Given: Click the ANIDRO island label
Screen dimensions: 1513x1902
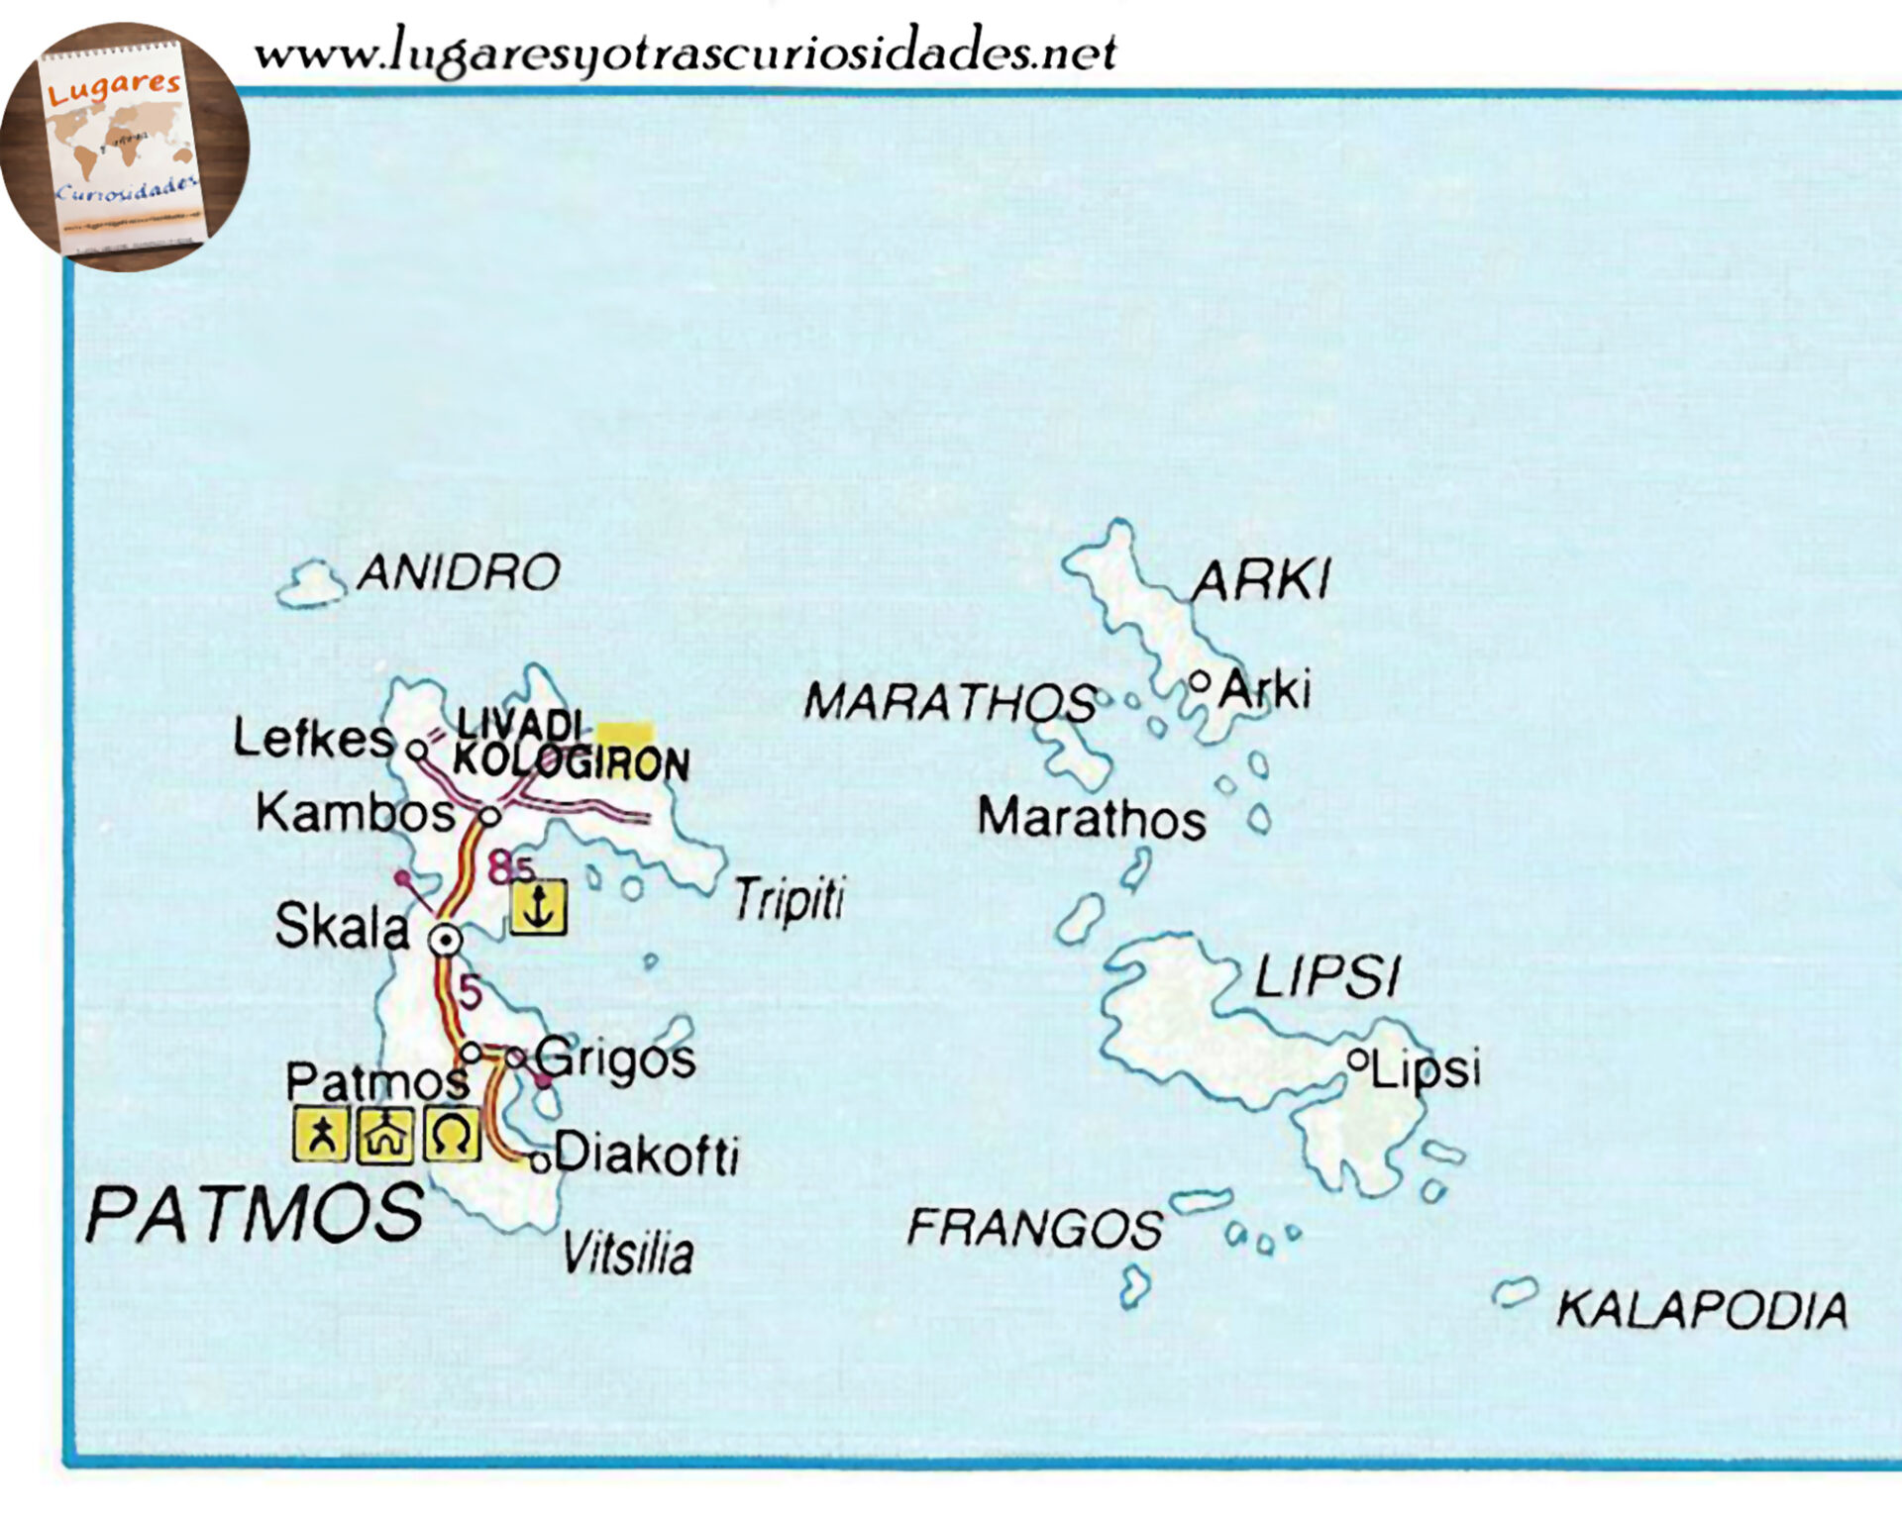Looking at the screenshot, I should pos(459,573).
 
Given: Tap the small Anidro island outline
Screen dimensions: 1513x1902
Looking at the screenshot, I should pos(310,585).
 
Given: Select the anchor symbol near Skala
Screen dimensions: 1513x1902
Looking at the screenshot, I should pos(538,907).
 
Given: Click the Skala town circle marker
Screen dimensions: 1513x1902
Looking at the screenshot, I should pos(445,940).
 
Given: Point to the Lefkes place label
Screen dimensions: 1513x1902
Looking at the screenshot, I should pos(313,739).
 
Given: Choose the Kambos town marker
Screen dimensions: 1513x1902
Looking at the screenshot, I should pos(489,817).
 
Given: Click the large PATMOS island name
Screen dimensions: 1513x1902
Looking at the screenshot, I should pos(256,1214).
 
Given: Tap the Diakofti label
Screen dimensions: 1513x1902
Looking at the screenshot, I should pos(646,1155).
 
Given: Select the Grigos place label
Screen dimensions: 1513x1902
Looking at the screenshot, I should pos(615,1059).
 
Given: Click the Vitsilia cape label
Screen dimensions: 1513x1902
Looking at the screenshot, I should pos(628,1254).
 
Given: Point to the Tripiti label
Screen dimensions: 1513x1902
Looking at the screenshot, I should pos(789,900).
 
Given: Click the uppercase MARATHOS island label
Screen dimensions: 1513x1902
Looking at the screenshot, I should pos(950,702).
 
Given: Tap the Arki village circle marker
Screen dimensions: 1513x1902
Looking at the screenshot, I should pos(1200,682).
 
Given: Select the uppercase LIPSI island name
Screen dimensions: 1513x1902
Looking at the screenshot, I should pos(1327,978).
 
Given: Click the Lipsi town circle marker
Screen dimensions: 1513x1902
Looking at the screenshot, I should pos(1358,1060).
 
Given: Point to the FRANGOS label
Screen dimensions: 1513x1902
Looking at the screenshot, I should pos(1035,1229).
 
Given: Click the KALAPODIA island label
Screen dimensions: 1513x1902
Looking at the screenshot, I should pos(1702,1310).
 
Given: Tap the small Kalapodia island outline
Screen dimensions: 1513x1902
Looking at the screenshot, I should pos(1515,1292).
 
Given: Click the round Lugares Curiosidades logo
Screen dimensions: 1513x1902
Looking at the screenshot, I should pos(125,147).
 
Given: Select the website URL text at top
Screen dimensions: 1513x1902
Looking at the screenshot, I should pos(685,51).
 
